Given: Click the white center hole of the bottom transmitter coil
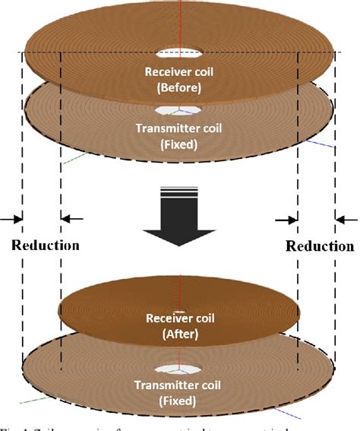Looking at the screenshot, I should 180,370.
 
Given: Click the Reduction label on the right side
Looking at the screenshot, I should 318,246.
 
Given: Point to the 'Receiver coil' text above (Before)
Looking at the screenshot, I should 180,73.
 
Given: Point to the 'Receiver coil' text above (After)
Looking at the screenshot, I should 180,318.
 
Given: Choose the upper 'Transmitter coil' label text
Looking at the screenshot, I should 180,128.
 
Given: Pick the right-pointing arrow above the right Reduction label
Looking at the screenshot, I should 287,219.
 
